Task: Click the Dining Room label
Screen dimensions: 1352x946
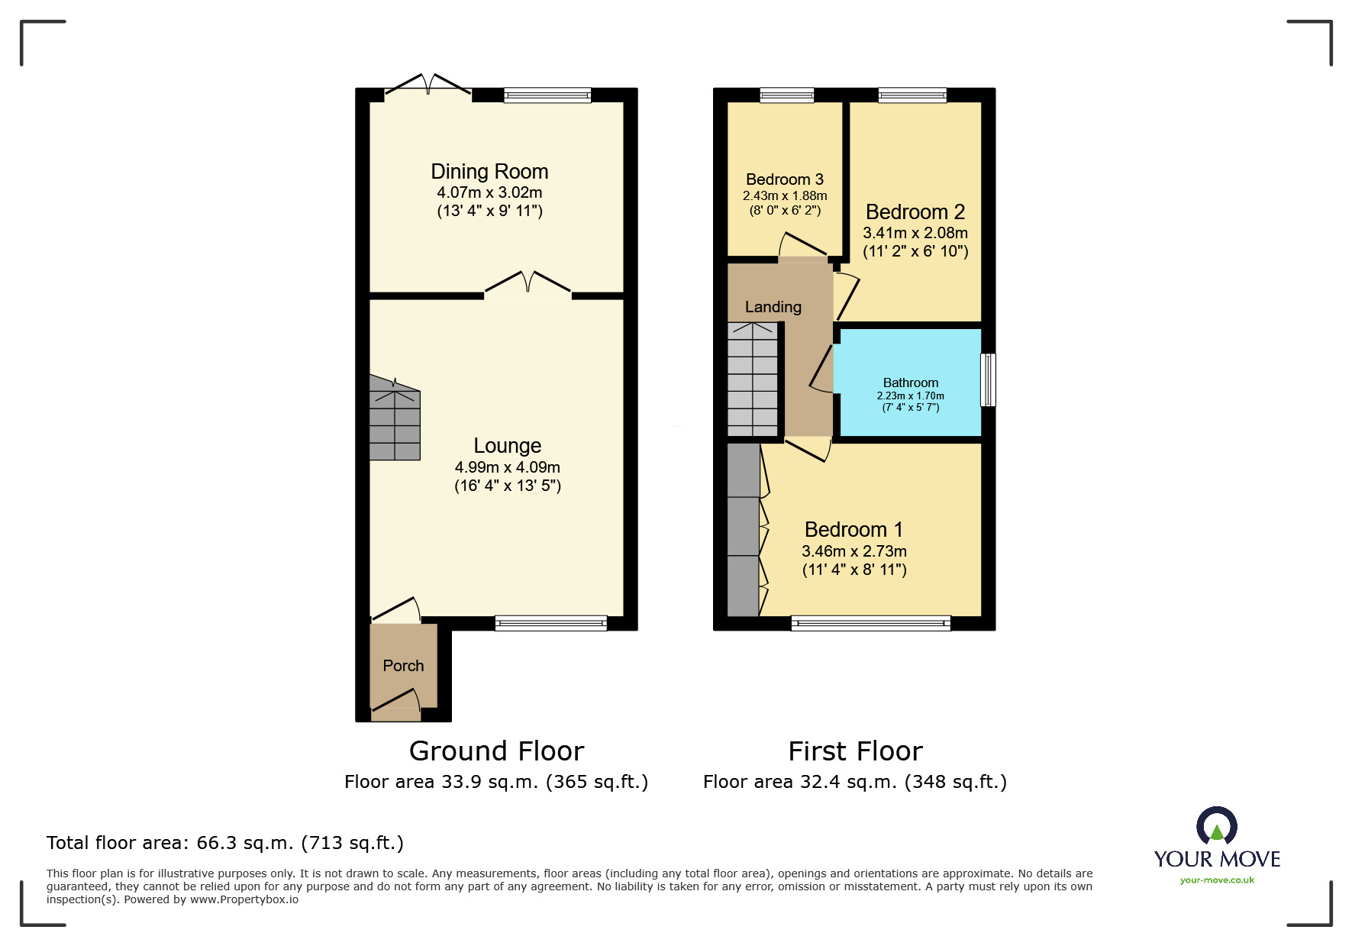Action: [x=489, y=171]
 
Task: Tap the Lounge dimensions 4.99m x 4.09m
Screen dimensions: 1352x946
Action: [x=508, y=467]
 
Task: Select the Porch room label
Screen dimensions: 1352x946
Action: [x=403, y=666]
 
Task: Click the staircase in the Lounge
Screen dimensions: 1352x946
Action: [x=395, y=418]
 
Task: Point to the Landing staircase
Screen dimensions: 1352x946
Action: [x=753, y=379]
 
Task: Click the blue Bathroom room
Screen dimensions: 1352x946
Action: [x=910, y=383]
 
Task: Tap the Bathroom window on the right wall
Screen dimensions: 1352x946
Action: [x=989, y=379]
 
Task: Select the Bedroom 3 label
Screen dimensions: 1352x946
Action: [x=785, y=179]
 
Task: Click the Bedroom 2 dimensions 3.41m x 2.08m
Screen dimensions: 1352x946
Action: [x=915, y=233]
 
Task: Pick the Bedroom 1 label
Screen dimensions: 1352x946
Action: [x=854, y=529]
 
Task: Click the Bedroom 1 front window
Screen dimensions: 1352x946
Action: [x=871, y=624]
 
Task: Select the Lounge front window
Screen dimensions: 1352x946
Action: [x=551, y=623]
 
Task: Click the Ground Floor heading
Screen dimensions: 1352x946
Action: [x=496, y=751]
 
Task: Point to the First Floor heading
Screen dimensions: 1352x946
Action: [x=855, y=751]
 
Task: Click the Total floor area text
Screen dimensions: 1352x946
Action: [x=225, y=843]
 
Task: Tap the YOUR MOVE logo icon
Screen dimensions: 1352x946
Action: [x=1217, y=826]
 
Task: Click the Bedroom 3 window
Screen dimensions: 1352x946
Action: [x=787, y=95]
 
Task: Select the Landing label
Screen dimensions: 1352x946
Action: [x=773, y=307]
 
